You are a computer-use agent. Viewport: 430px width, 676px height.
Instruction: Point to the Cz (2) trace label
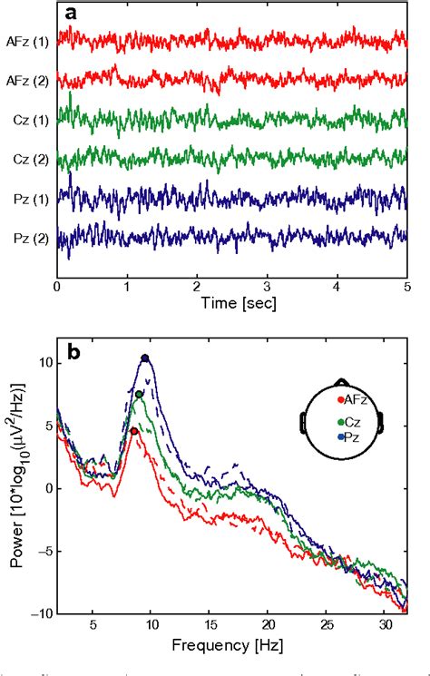pos(29,159)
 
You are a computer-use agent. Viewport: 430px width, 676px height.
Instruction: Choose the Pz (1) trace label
pos(29,199)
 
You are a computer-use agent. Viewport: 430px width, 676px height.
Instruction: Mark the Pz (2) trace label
pos(29,239)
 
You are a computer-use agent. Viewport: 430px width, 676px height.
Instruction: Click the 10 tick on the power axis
pos(44,363)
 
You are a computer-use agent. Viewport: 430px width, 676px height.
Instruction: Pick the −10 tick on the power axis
pos(40,613)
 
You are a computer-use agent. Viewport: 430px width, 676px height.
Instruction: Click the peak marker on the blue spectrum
pos(144,358)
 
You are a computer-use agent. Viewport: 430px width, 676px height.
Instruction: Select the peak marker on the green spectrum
pos(139,395)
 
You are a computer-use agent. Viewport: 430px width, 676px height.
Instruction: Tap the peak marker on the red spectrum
pos(134,431)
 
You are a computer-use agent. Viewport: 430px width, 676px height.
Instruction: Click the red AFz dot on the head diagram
pos(339,399)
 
